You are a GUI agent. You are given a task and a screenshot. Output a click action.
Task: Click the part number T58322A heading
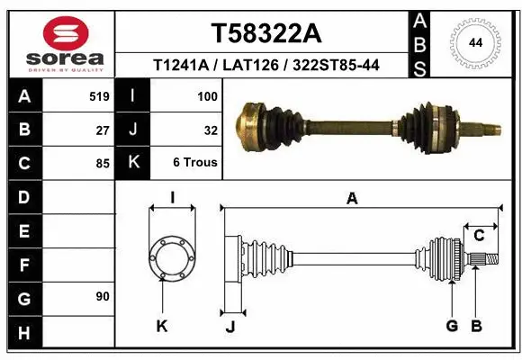click(265, 33)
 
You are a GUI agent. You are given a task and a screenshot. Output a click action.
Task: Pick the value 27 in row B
click(103, 130)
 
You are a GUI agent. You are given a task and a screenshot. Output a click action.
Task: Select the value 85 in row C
click(103, 164)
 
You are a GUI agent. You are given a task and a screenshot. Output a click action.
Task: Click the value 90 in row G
click(103, 296)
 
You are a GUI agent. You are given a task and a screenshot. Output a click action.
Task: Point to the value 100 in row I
click(207, 95)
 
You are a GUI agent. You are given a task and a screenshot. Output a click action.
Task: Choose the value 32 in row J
click(211, 130)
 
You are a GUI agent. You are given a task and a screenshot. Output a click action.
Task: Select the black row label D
click(23, 197)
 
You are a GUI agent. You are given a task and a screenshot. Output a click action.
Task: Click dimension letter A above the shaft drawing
click(352, 199)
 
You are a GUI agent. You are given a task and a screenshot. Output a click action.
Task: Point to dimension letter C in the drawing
click(479, 236)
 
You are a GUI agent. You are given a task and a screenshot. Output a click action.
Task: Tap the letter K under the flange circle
click(162, 326)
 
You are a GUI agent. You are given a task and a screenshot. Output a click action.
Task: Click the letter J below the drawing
click(230, 326)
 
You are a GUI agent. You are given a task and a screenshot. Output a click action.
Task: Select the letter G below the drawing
click(453, 326)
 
